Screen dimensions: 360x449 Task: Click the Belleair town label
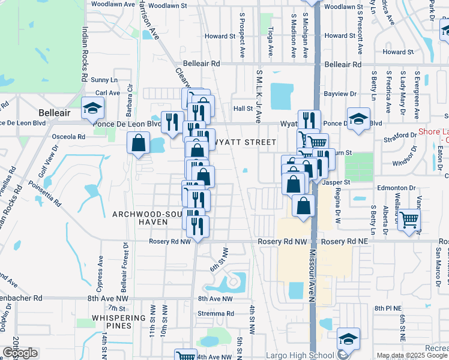55,113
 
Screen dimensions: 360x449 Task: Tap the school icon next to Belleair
93,108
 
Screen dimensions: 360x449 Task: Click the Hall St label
243,109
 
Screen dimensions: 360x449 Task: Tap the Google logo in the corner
20,353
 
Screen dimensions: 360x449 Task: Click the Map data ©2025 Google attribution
412,355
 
